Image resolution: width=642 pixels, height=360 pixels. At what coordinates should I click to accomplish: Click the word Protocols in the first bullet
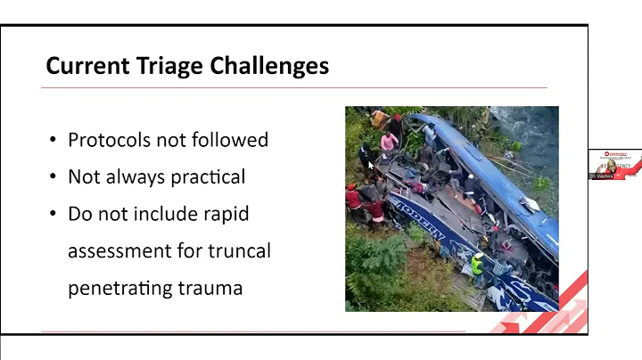(111, 140)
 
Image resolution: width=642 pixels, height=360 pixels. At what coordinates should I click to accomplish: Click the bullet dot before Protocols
(53, 141)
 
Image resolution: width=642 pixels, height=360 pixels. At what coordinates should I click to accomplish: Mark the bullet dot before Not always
(53, 177)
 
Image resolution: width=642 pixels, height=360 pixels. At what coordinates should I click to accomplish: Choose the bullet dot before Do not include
(53, 215)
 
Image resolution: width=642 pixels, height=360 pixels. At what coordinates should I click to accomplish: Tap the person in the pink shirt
(390, 141)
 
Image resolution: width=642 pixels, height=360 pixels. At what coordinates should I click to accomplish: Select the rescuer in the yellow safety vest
(478, 264)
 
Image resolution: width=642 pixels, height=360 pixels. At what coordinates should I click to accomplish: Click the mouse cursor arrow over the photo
(370, 165)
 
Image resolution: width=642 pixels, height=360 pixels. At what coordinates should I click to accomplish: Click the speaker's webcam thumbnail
(614, 164)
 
